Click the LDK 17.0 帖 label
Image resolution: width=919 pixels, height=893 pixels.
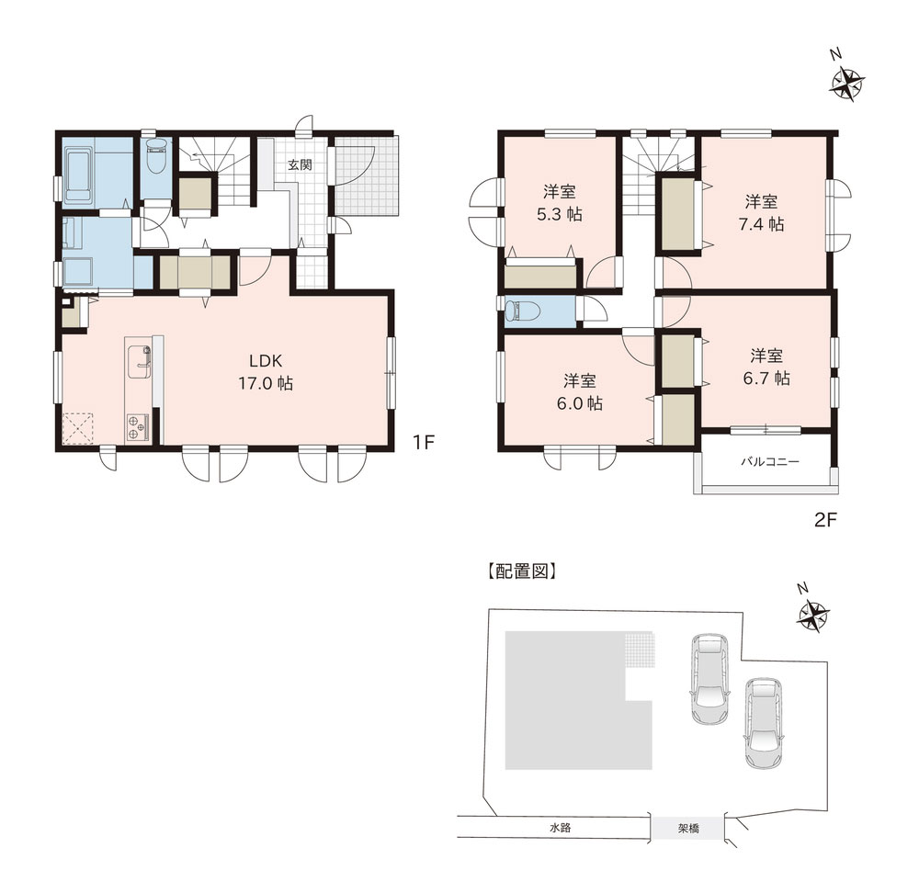coord(267,371)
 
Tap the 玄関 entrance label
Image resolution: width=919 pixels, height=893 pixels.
coord(300,164)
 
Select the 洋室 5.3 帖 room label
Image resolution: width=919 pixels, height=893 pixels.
coord(560,203)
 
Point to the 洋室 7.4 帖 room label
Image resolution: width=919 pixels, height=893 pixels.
coord(761,213)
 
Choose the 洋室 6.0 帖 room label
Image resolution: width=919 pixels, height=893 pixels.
coord(580,392)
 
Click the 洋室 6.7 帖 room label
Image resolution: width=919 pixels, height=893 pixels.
coord(766,367)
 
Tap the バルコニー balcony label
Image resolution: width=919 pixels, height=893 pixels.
coord(769,461)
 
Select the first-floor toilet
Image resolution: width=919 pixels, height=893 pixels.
coord(156,155)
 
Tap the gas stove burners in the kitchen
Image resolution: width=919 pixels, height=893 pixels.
coord(138,427)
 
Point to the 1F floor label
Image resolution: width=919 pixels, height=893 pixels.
coord(423,443)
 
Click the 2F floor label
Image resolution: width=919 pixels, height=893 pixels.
coord(826,519)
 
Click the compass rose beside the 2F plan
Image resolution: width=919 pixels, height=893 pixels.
coord(847,85)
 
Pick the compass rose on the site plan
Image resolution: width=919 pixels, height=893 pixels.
coord(813,616)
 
